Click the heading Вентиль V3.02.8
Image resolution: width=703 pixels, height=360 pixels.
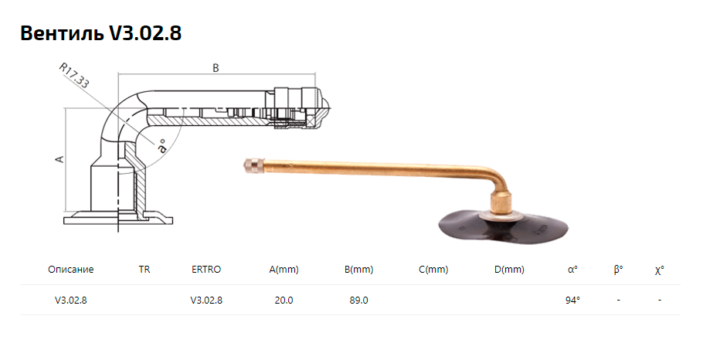(x=101, y=33)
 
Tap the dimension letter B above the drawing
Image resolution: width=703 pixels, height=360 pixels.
(x=216, y=68)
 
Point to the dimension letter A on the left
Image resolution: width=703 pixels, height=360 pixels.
(x=59, y=158)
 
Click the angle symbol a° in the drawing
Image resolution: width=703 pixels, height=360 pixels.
(x=161, y=146)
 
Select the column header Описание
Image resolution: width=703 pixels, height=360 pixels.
(x=71, y=270)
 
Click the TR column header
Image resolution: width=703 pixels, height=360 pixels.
(x=144, y=270)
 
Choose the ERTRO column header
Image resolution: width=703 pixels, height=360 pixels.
(x=206, y=270)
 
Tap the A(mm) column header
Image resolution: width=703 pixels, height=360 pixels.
(x=284, y=270)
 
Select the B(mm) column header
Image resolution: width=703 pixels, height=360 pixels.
(x=358, y=270)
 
